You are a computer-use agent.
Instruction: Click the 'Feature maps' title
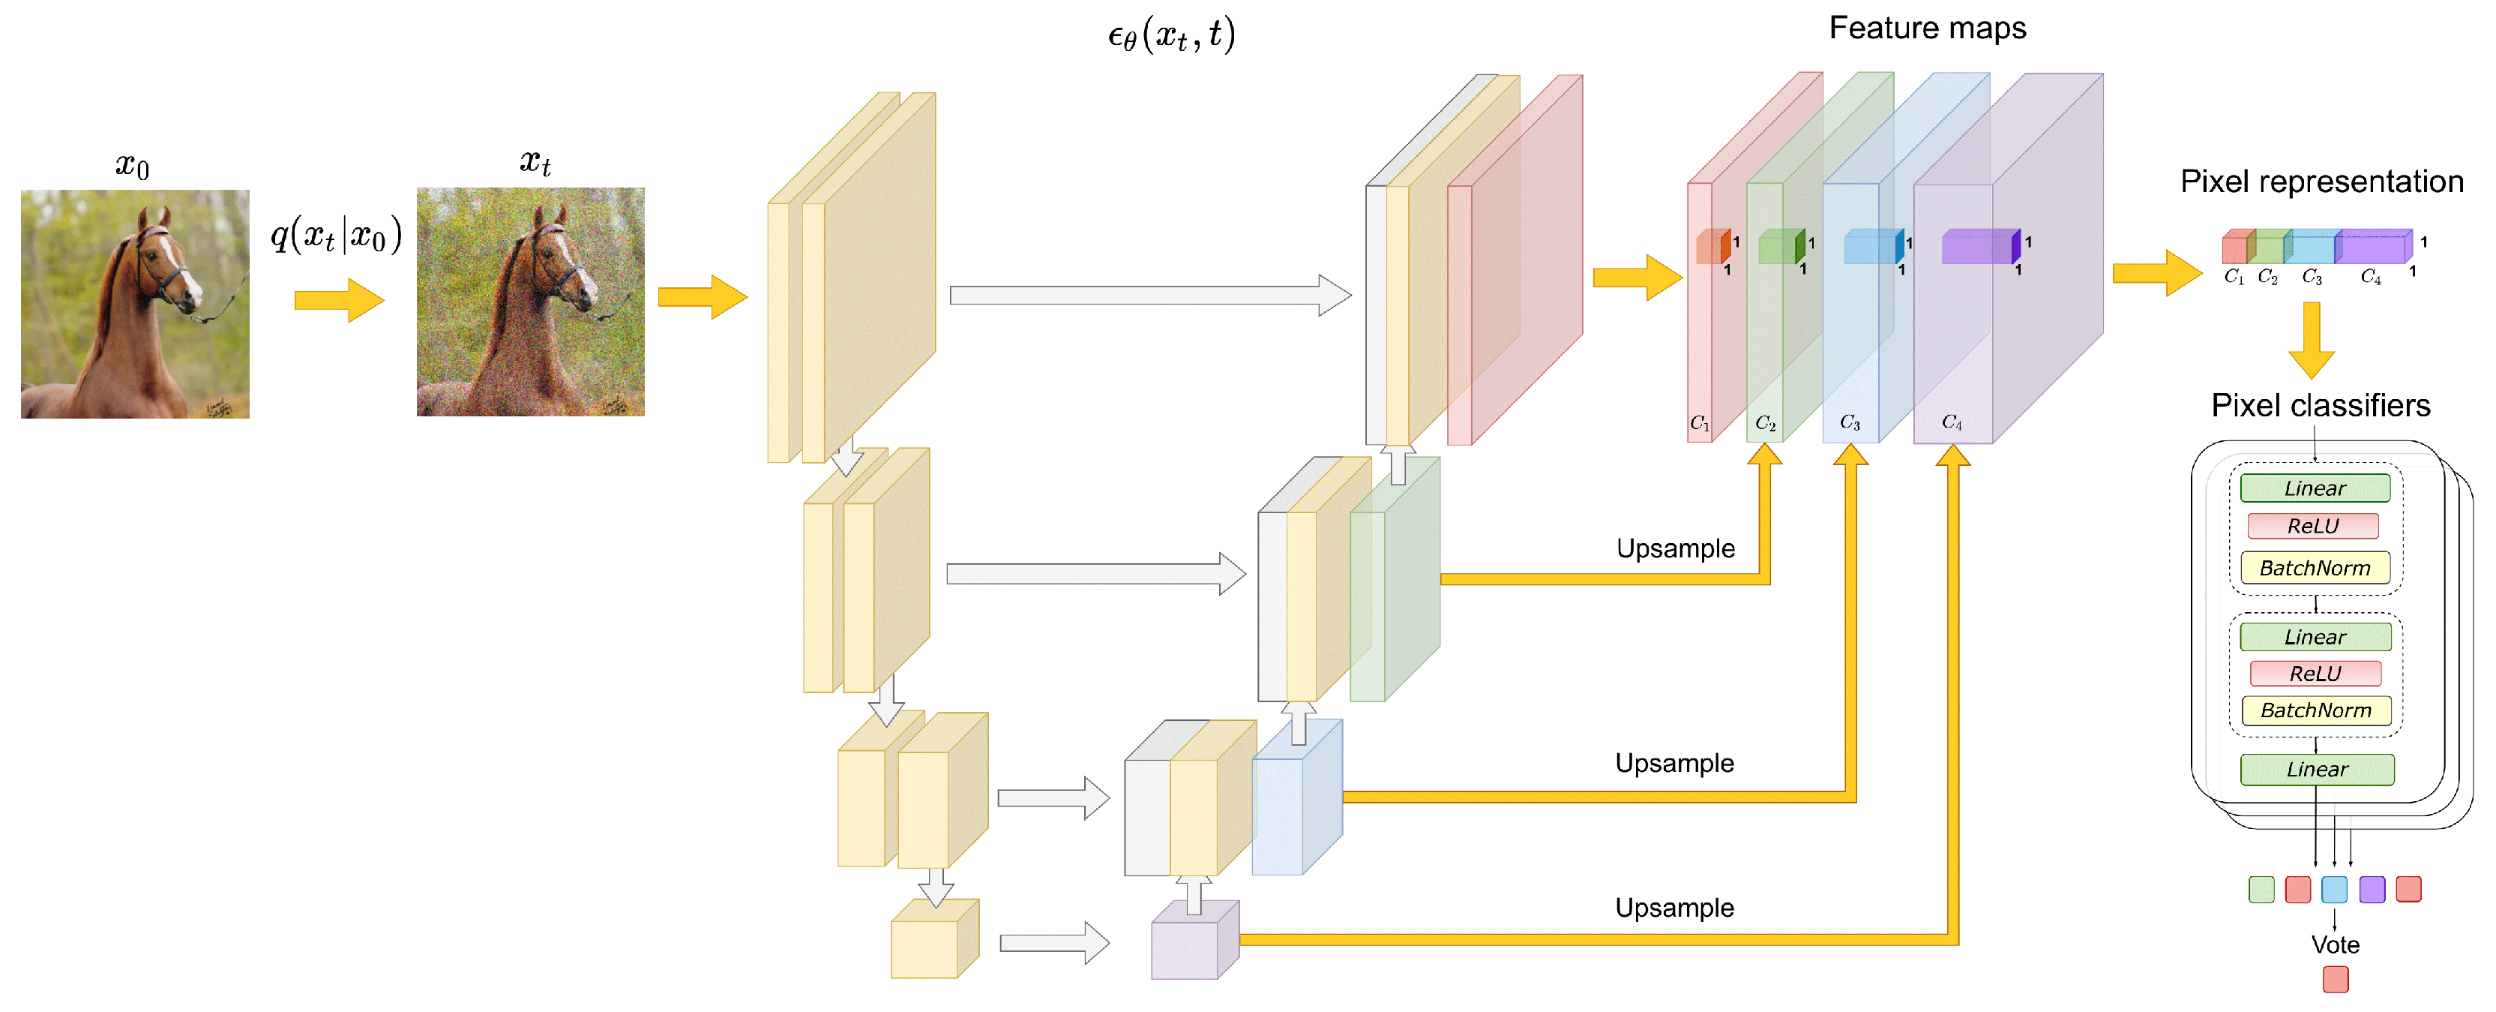pyautogui.click(x=1926, y=28)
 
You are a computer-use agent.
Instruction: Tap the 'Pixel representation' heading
pyautogui.click(x=2321, y=182)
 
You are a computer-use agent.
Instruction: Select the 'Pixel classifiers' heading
pyautogui.click(x=2320, y=405)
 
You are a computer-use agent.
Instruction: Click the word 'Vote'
pyautogui.click(x=2334, y=944)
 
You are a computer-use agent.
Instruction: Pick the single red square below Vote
pyautogui.click(x=2335, y=979)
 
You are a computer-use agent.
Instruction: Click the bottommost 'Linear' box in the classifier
pyautogui.click(x=2316, y=770)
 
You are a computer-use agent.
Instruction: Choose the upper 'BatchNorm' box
pyautogui.click(x=2314, y=568)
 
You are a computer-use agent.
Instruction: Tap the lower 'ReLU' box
pyautogui.click(x=2314, y=674)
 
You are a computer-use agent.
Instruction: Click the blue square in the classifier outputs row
pyautogui.click(x=2334, y=889)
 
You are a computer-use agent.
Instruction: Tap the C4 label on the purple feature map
pyautogui.click(x=1952, y=422)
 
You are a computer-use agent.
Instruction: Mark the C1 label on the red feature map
pyautogui.click(x=1700, y=424)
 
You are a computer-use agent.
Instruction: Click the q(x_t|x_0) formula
pyautogui.click(x=335, y=236)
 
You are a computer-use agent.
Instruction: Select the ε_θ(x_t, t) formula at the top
pyautogui.click(x=1170, y=36)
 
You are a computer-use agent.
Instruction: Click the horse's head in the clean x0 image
pyautogui.click(x=165, y=266)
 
